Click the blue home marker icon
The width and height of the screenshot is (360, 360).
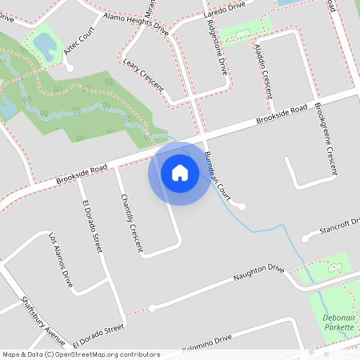point(180,173)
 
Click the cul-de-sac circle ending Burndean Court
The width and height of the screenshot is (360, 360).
point(242,206)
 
